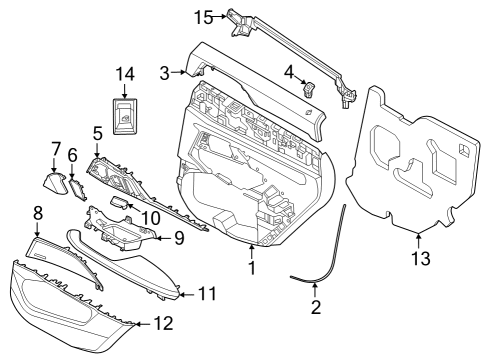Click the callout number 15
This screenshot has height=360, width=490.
click(203, 17)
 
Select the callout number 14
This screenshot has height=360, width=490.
click(125, 74)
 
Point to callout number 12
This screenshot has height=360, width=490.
click(161, 325)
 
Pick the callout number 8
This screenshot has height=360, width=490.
click(37, 212)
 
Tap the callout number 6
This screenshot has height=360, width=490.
click(72, 156)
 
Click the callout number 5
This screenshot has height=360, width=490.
click(97, 131)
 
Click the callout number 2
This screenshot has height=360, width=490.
click(315, 308)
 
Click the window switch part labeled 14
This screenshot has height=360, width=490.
click(125, 115)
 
